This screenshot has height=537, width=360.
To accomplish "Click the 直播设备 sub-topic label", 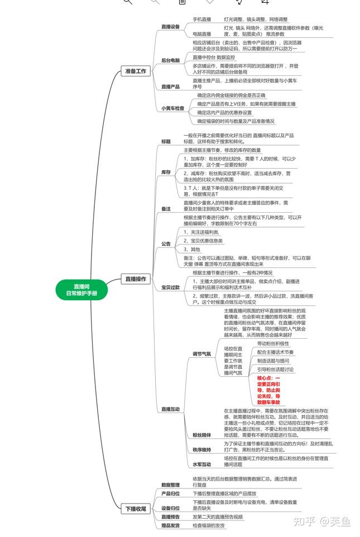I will tap(170, 26).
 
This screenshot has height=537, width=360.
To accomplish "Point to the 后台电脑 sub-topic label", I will tap(170, 60).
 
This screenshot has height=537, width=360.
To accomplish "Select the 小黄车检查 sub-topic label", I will tap(172, 108).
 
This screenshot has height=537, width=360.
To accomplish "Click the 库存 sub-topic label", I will tap(166, 172).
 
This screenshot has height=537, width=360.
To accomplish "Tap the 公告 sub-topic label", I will tap(166, 244).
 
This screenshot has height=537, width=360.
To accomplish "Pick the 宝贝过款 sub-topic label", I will tap(170, 287).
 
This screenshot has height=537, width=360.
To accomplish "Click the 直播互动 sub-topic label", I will tap(170, 409).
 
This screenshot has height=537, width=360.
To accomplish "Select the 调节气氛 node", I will tap(201, 354).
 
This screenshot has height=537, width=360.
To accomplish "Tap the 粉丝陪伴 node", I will tap(201, 434).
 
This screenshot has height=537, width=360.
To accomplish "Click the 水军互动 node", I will tap(201, 464).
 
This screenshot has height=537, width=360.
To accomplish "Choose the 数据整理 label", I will tap(170, 485).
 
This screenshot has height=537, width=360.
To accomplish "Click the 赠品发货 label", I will tap(170, 525).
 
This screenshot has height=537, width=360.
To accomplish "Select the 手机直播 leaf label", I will tap(201, 19).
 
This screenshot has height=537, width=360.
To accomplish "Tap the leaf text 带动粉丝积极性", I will tap(273, 343).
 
